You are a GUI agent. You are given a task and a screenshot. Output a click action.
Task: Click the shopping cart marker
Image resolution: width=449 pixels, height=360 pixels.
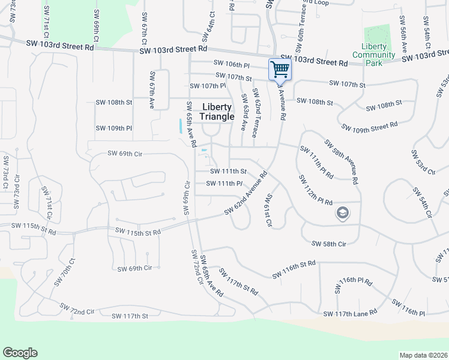[280, 70]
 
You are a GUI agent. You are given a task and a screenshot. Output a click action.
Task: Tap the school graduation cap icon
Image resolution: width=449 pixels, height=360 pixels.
[342, 213]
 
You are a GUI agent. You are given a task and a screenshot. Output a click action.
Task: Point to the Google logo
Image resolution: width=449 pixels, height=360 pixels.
[20, 353]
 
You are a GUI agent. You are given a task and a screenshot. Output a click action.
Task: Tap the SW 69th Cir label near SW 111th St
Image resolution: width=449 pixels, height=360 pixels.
[125, 154]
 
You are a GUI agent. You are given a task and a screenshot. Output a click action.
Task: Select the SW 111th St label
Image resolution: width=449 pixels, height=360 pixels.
[229, 172]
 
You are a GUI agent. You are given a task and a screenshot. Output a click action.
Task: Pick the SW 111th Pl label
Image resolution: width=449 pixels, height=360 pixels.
[224, 184]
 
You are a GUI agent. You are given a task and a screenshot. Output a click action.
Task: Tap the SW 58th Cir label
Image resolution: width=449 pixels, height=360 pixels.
[329, 244]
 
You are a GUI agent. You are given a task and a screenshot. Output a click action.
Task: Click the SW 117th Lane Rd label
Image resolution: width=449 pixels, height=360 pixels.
[350, 313]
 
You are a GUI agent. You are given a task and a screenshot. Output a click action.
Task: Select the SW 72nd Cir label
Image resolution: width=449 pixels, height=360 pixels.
[77, 309]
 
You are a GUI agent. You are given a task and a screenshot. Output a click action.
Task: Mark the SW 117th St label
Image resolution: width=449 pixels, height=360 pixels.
[130, 316]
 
